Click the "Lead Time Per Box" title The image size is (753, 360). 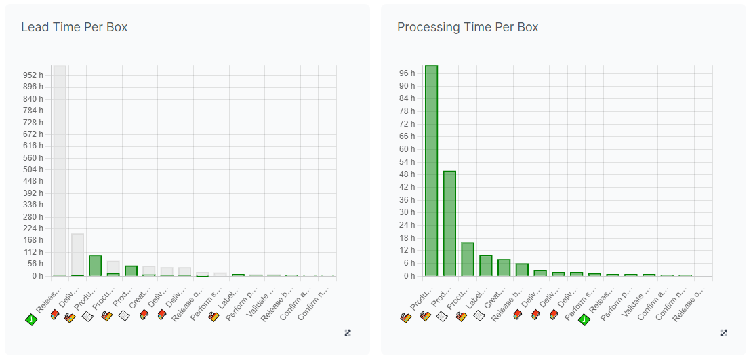74,27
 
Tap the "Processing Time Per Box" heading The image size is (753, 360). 468,27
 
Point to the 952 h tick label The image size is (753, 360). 32,75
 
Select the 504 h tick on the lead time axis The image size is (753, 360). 32,169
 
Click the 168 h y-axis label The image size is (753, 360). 32,240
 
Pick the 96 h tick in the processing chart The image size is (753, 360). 407,73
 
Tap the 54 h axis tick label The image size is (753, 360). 407,162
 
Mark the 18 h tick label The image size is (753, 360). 407,238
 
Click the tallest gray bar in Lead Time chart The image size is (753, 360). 60,170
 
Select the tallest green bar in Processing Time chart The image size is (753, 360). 431,170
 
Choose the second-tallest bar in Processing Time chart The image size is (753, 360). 449,223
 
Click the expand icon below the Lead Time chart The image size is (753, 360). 348,333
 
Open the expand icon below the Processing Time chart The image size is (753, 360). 724,333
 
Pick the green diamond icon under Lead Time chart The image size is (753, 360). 30,319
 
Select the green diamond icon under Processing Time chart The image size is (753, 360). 584,319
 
